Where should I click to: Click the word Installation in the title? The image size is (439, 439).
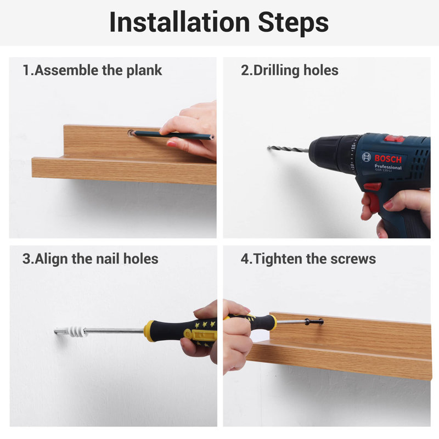point(179,22)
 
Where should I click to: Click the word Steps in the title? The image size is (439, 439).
point(293,24)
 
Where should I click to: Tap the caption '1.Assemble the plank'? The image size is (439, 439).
point(92,70)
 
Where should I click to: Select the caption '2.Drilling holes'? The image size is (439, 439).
point(290,70)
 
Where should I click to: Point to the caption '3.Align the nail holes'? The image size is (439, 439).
point(90,258)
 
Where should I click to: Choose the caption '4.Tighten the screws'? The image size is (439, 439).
point(308,258)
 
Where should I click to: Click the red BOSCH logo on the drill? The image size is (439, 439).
point(388,159)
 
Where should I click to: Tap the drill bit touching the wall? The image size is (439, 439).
point(288,149)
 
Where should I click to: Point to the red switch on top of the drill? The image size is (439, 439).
point(394,138)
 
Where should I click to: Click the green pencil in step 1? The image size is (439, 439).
point(173,135)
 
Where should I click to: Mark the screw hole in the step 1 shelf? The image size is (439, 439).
point(131,133)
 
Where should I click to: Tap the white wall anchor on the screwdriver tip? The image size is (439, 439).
point(76,331)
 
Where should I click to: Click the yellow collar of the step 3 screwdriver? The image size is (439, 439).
point(149,331)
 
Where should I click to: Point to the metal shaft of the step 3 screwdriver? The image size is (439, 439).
point(114,331)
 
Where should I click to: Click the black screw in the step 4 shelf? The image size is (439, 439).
point(314,322)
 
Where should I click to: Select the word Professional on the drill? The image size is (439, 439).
point(388,167)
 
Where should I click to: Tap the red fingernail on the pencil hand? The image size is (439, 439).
point(171,144)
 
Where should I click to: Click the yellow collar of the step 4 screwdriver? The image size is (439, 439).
point(273,322)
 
